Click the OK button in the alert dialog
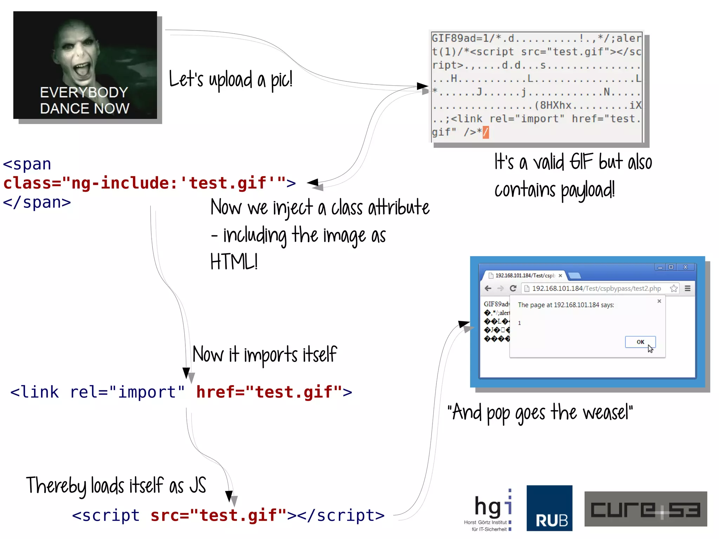[x=640, y=342]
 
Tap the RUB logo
[x=549, y=508]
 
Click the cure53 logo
[x=645, y=509]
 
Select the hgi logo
[x=492, y=509]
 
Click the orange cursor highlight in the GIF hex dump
[x=486, y=132]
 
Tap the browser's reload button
[x=513, y=288]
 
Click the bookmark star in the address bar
[x=673, y=288]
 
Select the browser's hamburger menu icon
[x=687, y=288]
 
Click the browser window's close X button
[x=685, y=267]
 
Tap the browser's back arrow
[x=488, y=288]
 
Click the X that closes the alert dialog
[x=659, y=301]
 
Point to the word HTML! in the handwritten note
[x=234, y=262]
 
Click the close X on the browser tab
[x=560, y=276]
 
